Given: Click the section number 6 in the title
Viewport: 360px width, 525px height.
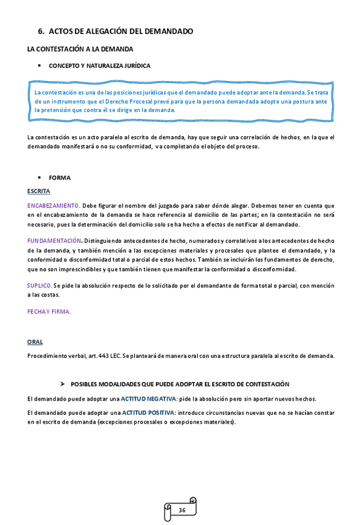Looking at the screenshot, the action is [41, 31].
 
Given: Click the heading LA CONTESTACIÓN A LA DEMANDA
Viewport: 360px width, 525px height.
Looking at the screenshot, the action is [80, 48].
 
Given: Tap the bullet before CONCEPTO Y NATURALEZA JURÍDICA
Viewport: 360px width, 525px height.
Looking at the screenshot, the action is [40, 65].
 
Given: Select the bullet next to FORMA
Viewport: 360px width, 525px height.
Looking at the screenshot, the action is [40, 178].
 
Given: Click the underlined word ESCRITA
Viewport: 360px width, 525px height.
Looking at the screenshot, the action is [38, 191].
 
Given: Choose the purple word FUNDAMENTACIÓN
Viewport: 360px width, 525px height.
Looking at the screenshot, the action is [54, 240].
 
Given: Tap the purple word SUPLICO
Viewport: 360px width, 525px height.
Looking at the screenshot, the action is [40, 285].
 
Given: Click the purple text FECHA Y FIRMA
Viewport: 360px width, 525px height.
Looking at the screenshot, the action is [49, 311].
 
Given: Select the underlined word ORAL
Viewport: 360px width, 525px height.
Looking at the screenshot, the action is [35, 342].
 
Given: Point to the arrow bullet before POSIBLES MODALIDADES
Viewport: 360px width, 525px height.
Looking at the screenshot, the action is [62, 384].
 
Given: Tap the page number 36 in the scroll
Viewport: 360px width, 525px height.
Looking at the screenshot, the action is [182, 510].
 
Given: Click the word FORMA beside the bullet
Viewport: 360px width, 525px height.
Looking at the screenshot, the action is [60, 178].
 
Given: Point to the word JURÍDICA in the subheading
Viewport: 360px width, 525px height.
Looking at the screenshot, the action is [135, 65].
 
